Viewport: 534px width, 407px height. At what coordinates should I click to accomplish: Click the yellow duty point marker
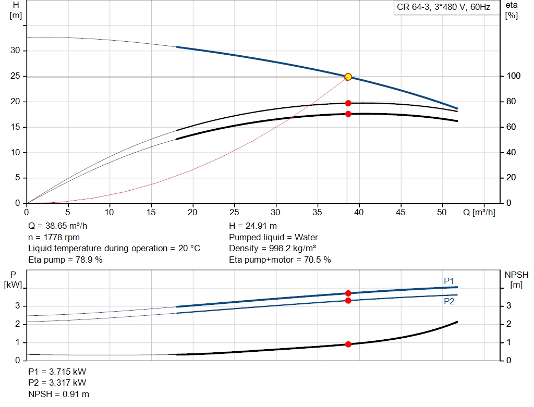[348, 77]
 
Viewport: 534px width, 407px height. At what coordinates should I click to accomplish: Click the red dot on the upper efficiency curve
[348, 103]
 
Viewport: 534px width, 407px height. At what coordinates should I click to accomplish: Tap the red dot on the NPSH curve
[348, 344]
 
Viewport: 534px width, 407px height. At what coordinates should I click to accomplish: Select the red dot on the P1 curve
[348, 293]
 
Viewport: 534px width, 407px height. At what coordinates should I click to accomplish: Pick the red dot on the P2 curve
[348, 301]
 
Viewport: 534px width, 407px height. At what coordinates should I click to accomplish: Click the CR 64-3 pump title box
[443, 7]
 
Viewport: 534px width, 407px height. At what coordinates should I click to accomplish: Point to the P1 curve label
[449, 281]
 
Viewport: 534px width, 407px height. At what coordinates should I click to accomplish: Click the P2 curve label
[449, 302]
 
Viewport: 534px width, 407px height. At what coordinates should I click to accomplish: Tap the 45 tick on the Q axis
[400, 212]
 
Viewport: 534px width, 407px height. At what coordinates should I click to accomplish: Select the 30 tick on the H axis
[15, 51]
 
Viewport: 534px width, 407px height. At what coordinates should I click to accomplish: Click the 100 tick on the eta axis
[514, 76]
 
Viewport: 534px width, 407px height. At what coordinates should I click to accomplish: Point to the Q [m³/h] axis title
[479, 212]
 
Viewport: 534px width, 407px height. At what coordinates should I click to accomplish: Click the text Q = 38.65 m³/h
[58, 226]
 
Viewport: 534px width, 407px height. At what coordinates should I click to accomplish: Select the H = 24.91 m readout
[253, 226]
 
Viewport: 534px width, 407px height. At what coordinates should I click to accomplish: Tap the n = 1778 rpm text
[54, 237]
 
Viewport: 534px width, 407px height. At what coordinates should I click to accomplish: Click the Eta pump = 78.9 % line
[65, 260]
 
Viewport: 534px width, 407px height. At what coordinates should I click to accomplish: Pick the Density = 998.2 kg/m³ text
[272, 249]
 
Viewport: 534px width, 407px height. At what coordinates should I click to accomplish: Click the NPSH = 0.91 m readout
[59, 394]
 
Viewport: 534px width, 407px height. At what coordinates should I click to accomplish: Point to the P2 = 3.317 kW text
[57, 383]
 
